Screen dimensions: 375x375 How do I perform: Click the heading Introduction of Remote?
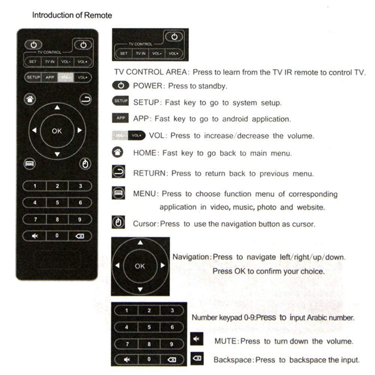point(72,16)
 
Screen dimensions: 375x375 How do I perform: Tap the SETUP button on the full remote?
point(33,78)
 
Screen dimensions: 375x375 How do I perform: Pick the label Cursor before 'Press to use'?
point(144,224)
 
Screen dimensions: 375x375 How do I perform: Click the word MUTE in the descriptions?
point(226,341)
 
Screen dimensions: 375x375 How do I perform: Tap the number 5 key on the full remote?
point(57,203)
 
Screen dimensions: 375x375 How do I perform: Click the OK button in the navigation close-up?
point(140,266)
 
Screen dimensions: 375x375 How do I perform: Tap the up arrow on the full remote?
point(57,108)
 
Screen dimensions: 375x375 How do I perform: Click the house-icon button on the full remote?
point(30,99)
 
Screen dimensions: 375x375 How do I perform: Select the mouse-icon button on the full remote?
point(85,164)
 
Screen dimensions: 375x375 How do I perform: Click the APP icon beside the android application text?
point(121,118)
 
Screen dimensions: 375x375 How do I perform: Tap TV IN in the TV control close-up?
point(141,54)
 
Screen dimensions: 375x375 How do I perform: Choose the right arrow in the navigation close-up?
point(162,265)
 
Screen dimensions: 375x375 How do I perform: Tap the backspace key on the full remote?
point(80,236)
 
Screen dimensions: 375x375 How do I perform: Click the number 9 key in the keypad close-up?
point(172,344)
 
